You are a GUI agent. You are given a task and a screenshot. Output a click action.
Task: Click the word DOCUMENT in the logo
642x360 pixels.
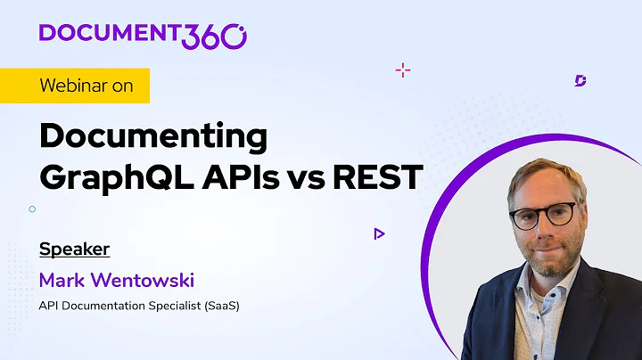[x=110, y=33]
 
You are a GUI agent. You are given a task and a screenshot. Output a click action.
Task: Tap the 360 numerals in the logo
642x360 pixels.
[x=215, y=35]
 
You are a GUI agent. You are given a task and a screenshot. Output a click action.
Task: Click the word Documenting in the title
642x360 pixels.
[x=153, y=138]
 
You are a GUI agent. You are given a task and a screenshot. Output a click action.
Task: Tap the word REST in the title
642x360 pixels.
[x=376, y=176]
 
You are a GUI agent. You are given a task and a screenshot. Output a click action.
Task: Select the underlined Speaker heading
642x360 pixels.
[x=74, y=249]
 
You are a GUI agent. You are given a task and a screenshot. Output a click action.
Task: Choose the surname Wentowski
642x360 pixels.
[x=145, y=281]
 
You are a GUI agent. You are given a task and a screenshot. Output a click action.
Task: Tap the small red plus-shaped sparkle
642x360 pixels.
[x=402, y=70]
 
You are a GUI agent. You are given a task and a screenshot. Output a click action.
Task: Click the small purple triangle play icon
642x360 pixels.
[x=379, y=233]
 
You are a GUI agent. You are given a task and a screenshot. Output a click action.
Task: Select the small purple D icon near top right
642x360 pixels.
[x=580, y=81]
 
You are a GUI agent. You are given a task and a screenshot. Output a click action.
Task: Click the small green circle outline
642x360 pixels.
[x=32, y=209]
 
